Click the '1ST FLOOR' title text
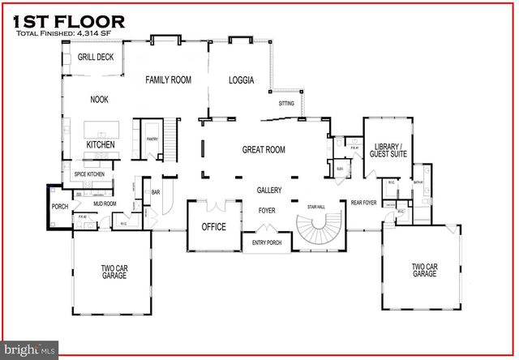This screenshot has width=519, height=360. tap(69, 20)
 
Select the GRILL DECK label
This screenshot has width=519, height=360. tap(96, 58)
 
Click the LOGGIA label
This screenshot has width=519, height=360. tap(241, 80)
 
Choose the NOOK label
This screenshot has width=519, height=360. tap(99, 100)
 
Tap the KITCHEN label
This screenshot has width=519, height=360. tap(101, 145)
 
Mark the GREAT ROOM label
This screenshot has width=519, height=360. tap(264, 150)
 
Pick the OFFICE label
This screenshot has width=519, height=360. tap(214, 227)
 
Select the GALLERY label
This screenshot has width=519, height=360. tap(269, 191)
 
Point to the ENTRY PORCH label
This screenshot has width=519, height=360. tap(267, 242)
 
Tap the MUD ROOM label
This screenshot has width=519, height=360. tap(105, 204)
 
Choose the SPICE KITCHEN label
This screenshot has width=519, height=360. tap(90, 174)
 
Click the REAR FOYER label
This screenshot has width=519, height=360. tap(363, 203)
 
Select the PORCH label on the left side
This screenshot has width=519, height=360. tap(60, 207)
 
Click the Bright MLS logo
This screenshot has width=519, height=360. tap(30, 349)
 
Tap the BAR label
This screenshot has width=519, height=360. tap(156, 192)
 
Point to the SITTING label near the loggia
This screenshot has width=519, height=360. tap(286, 104)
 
